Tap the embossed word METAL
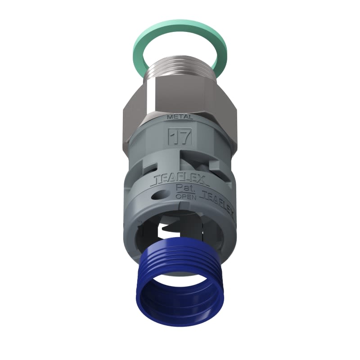[x=180, y=117]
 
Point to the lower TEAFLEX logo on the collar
[x=218, y=196]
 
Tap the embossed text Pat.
[x=184, y=190]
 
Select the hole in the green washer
[x=180, y=45]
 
